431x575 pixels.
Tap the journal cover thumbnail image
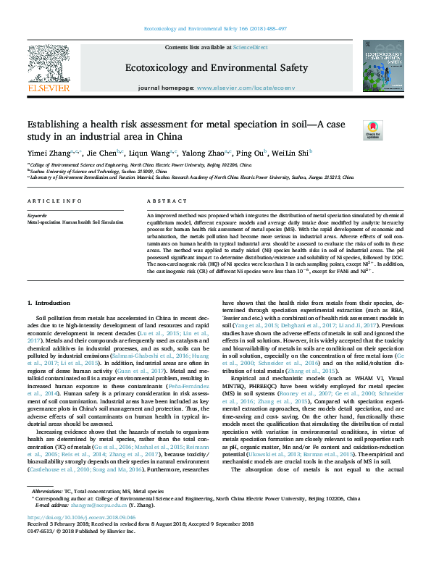coord(382,65)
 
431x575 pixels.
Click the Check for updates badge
coord(372,129)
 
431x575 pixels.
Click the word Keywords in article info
coord(36,216)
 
